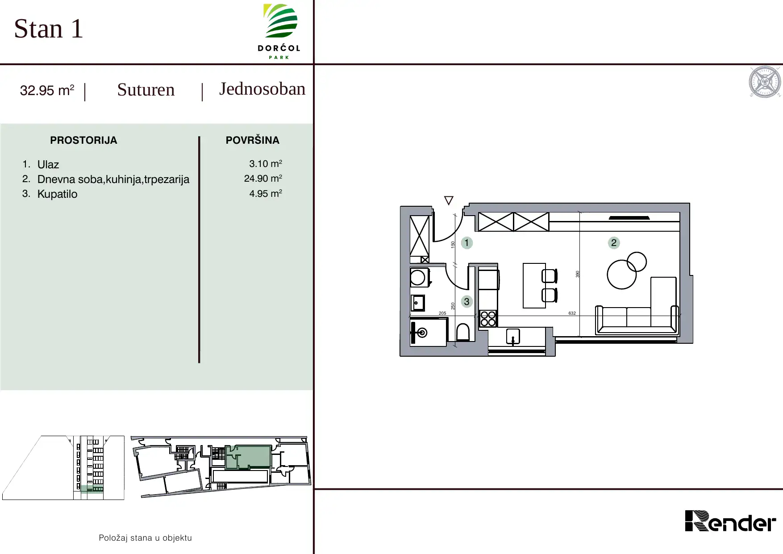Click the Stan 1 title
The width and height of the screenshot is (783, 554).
(49, 29)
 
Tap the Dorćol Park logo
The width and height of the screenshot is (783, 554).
(279, 31)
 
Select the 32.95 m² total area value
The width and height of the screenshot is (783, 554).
(47, 90)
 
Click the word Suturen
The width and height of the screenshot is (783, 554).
(146, 90)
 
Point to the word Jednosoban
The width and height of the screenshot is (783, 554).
(262, 89)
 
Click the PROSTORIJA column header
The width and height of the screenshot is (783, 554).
(83, 140)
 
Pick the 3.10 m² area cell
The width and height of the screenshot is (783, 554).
(266, 163)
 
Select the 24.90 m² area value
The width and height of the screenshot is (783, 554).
(263, 178)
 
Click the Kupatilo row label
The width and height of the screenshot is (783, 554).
(57, 194)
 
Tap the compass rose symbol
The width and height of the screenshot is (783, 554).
(765, 82)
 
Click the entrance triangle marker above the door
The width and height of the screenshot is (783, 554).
(449, 200)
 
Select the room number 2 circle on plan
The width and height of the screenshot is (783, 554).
(614, 243)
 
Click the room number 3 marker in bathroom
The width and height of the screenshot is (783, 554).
(466, 302)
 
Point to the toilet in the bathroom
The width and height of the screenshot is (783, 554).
(463, 332)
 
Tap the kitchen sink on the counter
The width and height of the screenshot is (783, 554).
(513, 336)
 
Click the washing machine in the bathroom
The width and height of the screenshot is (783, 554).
(420, 277)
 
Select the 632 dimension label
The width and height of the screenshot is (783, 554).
(572, 313)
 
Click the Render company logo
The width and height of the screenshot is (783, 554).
(730, 521)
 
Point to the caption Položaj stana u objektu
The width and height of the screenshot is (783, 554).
(145, 538)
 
